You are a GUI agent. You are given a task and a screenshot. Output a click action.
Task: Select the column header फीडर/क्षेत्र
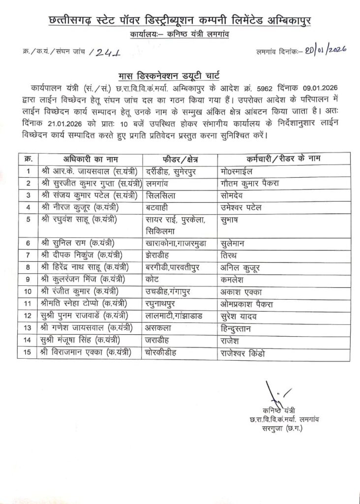[x=180, y=158]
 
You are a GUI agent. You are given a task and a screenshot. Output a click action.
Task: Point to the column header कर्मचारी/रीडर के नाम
[x=283, y=158]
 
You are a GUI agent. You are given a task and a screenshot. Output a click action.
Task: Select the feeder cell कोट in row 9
[x=153, y=279]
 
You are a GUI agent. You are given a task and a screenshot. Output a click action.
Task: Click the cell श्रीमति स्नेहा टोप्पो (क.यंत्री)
[x=90, y=303]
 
